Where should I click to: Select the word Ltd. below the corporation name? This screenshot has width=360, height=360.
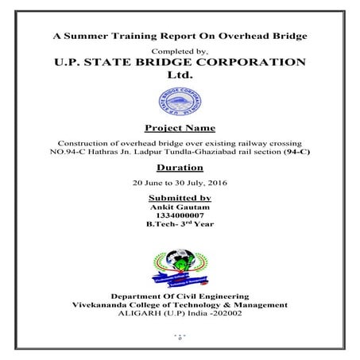(180, 75)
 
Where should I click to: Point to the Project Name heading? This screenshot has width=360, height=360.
(180, 127)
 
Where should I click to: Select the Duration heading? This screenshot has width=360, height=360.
(180, 168)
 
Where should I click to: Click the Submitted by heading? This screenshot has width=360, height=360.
(180, 197)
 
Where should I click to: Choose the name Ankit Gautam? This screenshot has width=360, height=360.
(180, 207)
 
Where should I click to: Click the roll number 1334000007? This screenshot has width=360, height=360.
(180, 215)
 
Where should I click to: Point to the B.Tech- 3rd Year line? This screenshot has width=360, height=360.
(180, 224)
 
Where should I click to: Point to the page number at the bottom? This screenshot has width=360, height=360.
(180, 337)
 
